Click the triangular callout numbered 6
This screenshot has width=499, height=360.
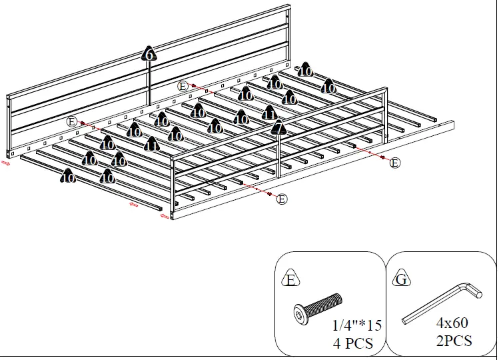pos(149,55)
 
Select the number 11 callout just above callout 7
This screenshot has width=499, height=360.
pos(269,113)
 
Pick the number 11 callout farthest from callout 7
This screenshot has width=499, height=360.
pos(151,145)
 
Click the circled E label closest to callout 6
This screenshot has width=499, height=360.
pos(183,86)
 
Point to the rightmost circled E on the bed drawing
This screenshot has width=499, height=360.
pos(395,163)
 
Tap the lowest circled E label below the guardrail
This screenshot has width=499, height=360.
pos(282,199)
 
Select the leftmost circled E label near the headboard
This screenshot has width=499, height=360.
pos(72,121)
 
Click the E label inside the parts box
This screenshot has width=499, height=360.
pos(290,279)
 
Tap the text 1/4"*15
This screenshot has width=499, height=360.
pos(357,325)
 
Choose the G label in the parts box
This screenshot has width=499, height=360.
pos(401,279)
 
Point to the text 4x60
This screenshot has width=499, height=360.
pos(452,323)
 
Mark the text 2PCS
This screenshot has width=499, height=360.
pos(454,341)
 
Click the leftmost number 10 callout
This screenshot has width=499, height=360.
pos(68,177)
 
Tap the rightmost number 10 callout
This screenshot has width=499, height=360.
pos(328,87)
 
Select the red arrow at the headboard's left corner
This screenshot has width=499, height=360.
pos(6,161)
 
